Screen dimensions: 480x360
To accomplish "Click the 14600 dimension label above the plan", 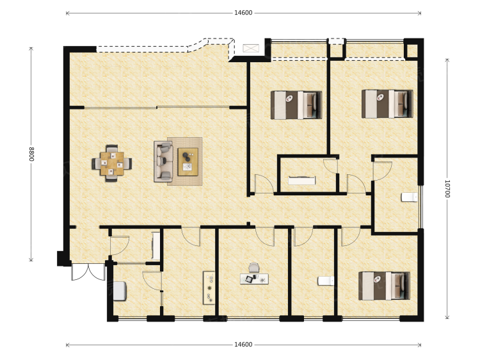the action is click(243, 13).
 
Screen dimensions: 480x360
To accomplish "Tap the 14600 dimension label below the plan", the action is click(243, 345).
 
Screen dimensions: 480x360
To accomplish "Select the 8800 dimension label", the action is click(31, 154).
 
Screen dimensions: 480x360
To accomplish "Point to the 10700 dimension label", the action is click(447, 189).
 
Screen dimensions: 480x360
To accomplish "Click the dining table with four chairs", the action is click(112, 163).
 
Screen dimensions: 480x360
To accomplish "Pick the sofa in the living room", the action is click(163, 161).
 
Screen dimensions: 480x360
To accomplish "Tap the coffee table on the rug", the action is click(188, 162).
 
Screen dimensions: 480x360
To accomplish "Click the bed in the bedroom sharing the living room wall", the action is click(296, 105).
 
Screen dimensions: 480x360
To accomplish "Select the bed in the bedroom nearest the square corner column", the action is click(387, 104).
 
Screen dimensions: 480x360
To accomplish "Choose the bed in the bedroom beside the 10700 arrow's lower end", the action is click(384, 286).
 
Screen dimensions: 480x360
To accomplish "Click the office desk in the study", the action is click(254, 279).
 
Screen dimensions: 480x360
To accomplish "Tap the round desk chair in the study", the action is click(253, 268).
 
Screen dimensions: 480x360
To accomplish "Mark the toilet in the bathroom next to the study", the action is click(326, 281).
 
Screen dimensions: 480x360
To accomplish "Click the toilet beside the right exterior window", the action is click(410, 197).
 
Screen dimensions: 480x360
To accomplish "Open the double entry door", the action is click(88, 272).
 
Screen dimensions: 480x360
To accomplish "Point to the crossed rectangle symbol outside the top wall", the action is click(251, 49).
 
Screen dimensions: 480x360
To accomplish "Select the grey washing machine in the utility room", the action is click(120, 291).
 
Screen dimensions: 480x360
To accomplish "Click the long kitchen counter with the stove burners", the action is click(209, 288).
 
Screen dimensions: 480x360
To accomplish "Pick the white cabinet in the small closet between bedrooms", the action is click(302, 181).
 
